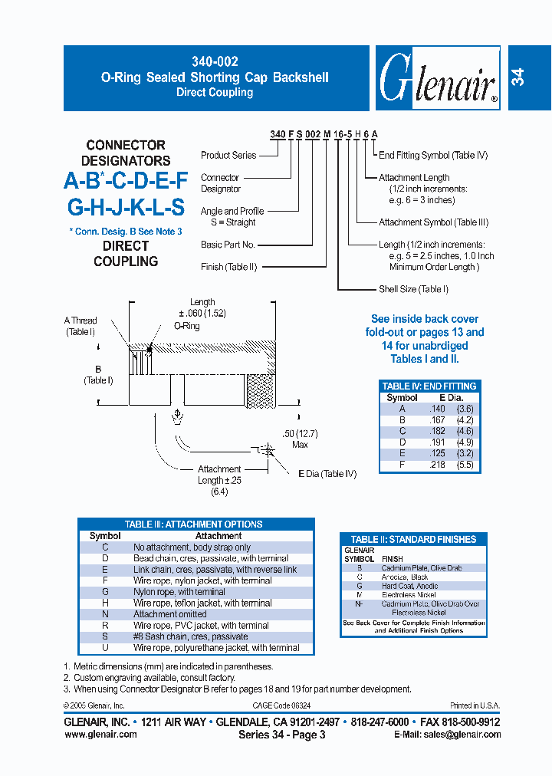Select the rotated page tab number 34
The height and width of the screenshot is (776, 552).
[519, 77]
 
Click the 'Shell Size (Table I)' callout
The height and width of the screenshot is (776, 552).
[413, 289]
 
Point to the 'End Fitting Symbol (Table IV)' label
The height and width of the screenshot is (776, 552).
[433, 155]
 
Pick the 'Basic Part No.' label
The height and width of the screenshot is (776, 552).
[228, 245]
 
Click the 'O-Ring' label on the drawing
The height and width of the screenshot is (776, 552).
[186, 326]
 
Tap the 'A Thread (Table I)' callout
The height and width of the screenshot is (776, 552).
[80, 326]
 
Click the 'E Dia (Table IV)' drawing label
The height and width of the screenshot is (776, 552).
[327, 474]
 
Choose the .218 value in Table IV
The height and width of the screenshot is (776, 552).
[436, 465]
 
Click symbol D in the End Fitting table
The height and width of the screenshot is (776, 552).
[402, 442]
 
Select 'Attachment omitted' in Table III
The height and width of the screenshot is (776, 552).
[170, 614]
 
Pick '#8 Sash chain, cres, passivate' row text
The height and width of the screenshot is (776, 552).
[191, 636]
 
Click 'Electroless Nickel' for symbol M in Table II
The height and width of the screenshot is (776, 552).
[409, 594]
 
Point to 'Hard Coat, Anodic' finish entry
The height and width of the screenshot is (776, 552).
[410, 586]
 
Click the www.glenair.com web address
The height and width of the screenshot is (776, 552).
[101, 734]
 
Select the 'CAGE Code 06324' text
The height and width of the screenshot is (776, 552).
[281, 705]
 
